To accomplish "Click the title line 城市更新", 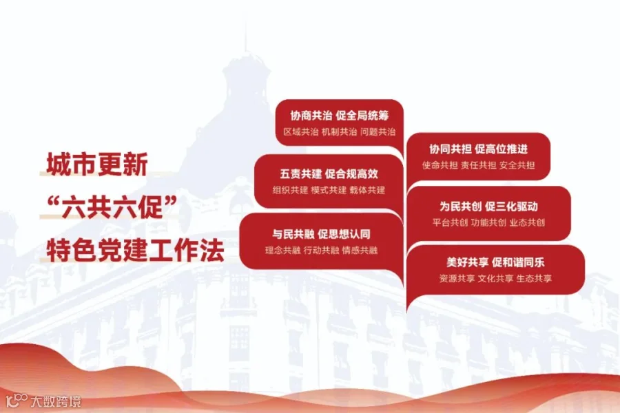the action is click(97, 164).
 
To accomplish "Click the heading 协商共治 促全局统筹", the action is click(339, 116).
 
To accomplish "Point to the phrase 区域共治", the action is click(301, 132).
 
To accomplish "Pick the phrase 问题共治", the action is click(378, 132).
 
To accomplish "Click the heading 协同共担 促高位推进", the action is click(479, 149).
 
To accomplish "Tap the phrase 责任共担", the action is click(479, 165).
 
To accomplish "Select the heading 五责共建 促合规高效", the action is click(329, 174).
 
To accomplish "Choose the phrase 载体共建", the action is click(367, 190).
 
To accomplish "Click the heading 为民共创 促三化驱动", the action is click(488, 206).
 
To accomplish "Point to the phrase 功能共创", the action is click(488, 222).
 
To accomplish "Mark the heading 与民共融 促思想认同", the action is click(321, 234).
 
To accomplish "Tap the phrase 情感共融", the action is click(360, 251).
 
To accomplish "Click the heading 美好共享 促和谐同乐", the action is click(495, 262).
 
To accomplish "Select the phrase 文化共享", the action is click(495, 279).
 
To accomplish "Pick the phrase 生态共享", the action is click(534, 279).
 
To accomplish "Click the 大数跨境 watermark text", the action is click(56, 401).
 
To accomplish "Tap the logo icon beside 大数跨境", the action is click(17, 401).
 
